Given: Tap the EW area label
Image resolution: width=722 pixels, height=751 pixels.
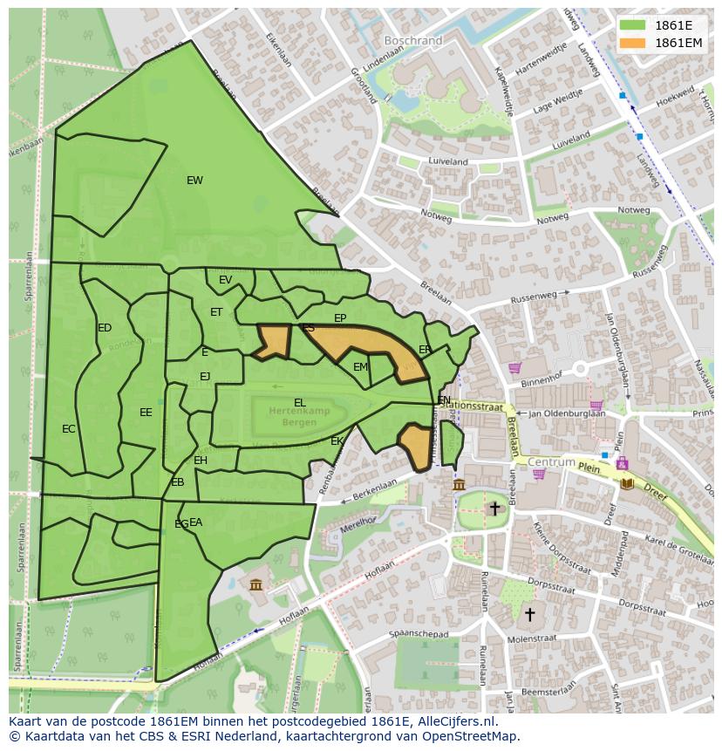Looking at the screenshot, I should (x=194, y=181).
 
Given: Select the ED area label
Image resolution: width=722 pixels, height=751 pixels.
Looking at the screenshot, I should (x=105, y=328).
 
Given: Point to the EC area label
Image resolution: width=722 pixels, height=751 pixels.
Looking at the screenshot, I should (x=69, y=429).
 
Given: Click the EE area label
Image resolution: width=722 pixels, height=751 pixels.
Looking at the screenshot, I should (x=146, y=413).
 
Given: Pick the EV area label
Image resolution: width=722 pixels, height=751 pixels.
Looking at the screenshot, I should (x=226, y=280).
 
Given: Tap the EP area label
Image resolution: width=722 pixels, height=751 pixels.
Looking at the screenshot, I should (x=340, y=318).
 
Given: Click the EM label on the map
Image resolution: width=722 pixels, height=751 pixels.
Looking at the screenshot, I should (x=360, y=367).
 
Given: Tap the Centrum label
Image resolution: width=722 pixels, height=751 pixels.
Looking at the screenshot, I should (x=552, y=461).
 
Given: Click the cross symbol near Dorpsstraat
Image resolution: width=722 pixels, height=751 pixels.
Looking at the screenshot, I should (x=528, y=614).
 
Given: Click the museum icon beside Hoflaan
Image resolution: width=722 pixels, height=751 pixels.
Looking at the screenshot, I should (x=255, y=584).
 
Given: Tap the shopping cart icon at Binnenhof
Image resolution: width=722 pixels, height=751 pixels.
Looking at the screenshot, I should (x=514, y=368).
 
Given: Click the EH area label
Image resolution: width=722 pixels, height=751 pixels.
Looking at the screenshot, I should (x=201, y=461).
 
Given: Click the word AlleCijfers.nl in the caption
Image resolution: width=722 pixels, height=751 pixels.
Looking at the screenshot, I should (x=456, y=721).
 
